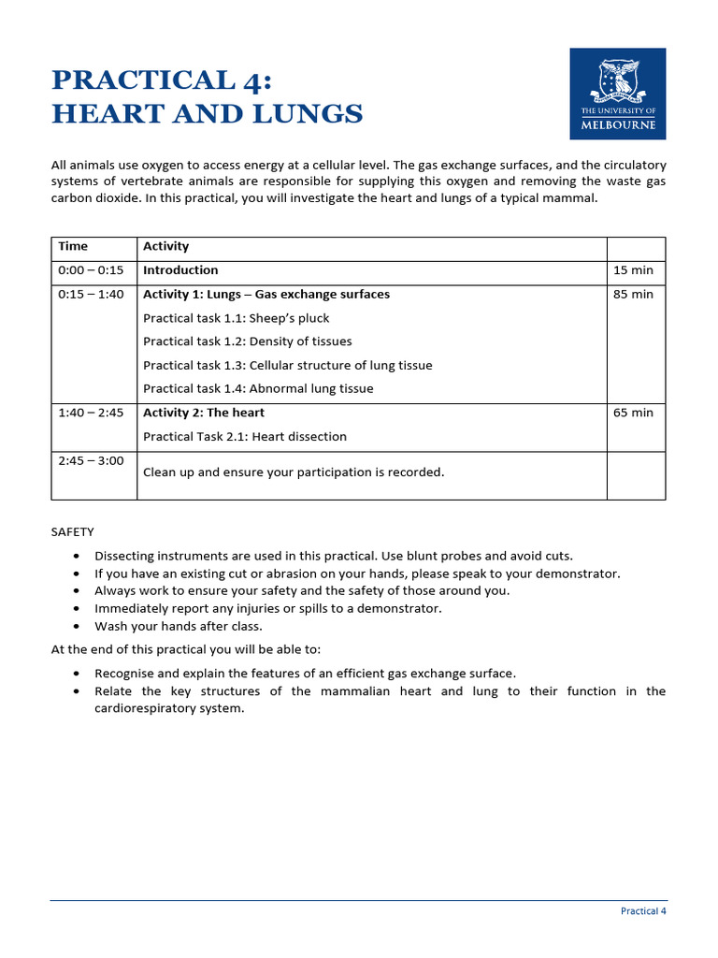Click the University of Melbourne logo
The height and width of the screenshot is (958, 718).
click(x=617, y=94)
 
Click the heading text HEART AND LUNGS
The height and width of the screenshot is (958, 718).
click(x=207, y=114)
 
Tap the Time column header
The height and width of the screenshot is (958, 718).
click(x=73, y=247)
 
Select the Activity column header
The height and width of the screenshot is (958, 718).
click(x=165, y=247)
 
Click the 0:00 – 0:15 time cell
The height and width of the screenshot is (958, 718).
click(x=91, y=270)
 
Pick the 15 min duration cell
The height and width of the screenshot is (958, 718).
click(x=633, y=270)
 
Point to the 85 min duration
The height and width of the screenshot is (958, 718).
click(x=633, y=295)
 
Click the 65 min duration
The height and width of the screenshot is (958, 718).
click(x=633, y=413)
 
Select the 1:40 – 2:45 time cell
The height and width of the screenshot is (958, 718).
click(x=91, y=413)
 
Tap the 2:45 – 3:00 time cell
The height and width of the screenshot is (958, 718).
click(x=91, y=461)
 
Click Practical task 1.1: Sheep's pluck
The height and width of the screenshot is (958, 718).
click(x=236, y=318)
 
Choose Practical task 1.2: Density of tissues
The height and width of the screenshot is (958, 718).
click(x=247, y=341)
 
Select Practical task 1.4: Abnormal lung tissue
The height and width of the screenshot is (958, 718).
click(x=258, y=389)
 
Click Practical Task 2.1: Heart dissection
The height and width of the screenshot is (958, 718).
click(x=244, y=437)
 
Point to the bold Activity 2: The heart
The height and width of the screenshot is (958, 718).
click(x=203, y=413)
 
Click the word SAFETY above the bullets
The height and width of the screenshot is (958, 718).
click(x=72, y=532)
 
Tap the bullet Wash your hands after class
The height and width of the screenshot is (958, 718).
click(x=179, y=626)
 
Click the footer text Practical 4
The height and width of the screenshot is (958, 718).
click(x=643, y=911)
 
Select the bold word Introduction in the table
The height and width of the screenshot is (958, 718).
click(x=180, y=270)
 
